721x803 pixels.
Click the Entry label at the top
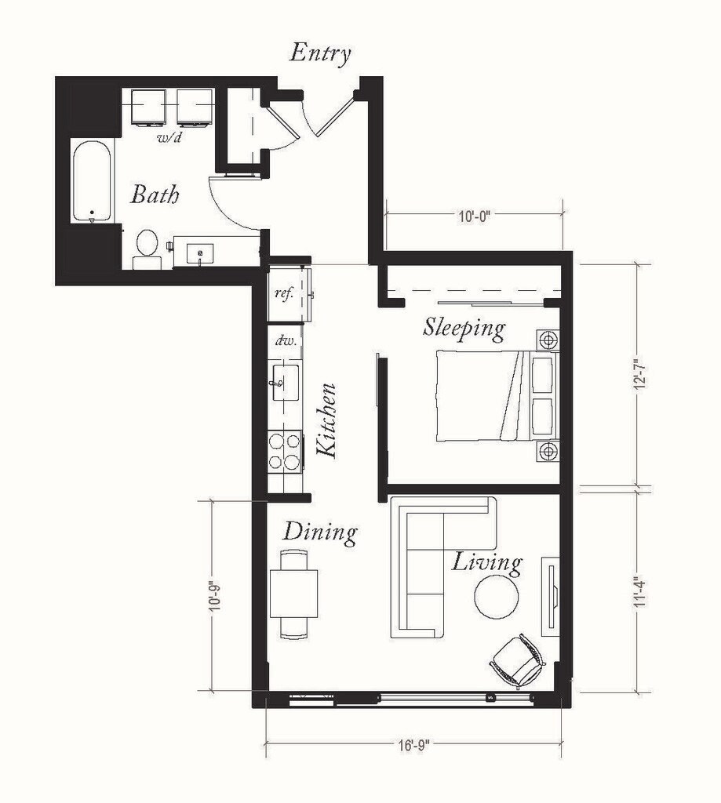point(320,53)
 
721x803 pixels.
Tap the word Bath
point(155,194)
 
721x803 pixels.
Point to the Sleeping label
point(464,327)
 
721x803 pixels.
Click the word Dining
point(320,532)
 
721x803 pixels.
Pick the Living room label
point(486,562)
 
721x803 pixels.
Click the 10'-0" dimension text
point(474,216)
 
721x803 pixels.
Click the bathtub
point(92,181)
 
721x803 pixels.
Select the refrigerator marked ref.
point(289,294)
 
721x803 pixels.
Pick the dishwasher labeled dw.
point(284,342)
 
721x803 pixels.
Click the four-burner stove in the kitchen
point(286,451)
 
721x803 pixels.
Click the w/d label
point(167,139)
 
